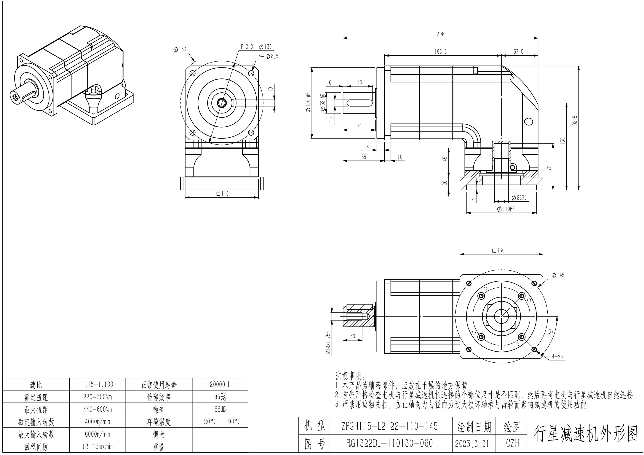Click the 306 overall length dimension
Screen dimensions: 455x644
(x=440, y=34)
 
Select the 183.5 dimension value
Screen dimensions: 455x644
(x=440, y=52)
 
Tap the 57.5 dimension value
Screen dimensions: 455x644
(x=518, y=52)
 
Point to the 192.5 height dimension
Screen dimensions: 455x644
(x=575, y=122)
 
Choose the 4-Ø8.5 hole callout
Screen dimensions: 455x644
(x=269, y=56)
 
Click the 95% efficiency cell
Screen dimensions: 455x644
(x=220, y=397)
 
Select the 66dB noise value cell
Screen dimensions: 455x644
(x=220, y=409)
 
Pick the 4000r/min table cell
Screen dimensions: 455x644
(x=97, y=422)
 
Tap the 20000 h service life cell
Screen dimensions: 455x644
(x=220, y=384)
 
